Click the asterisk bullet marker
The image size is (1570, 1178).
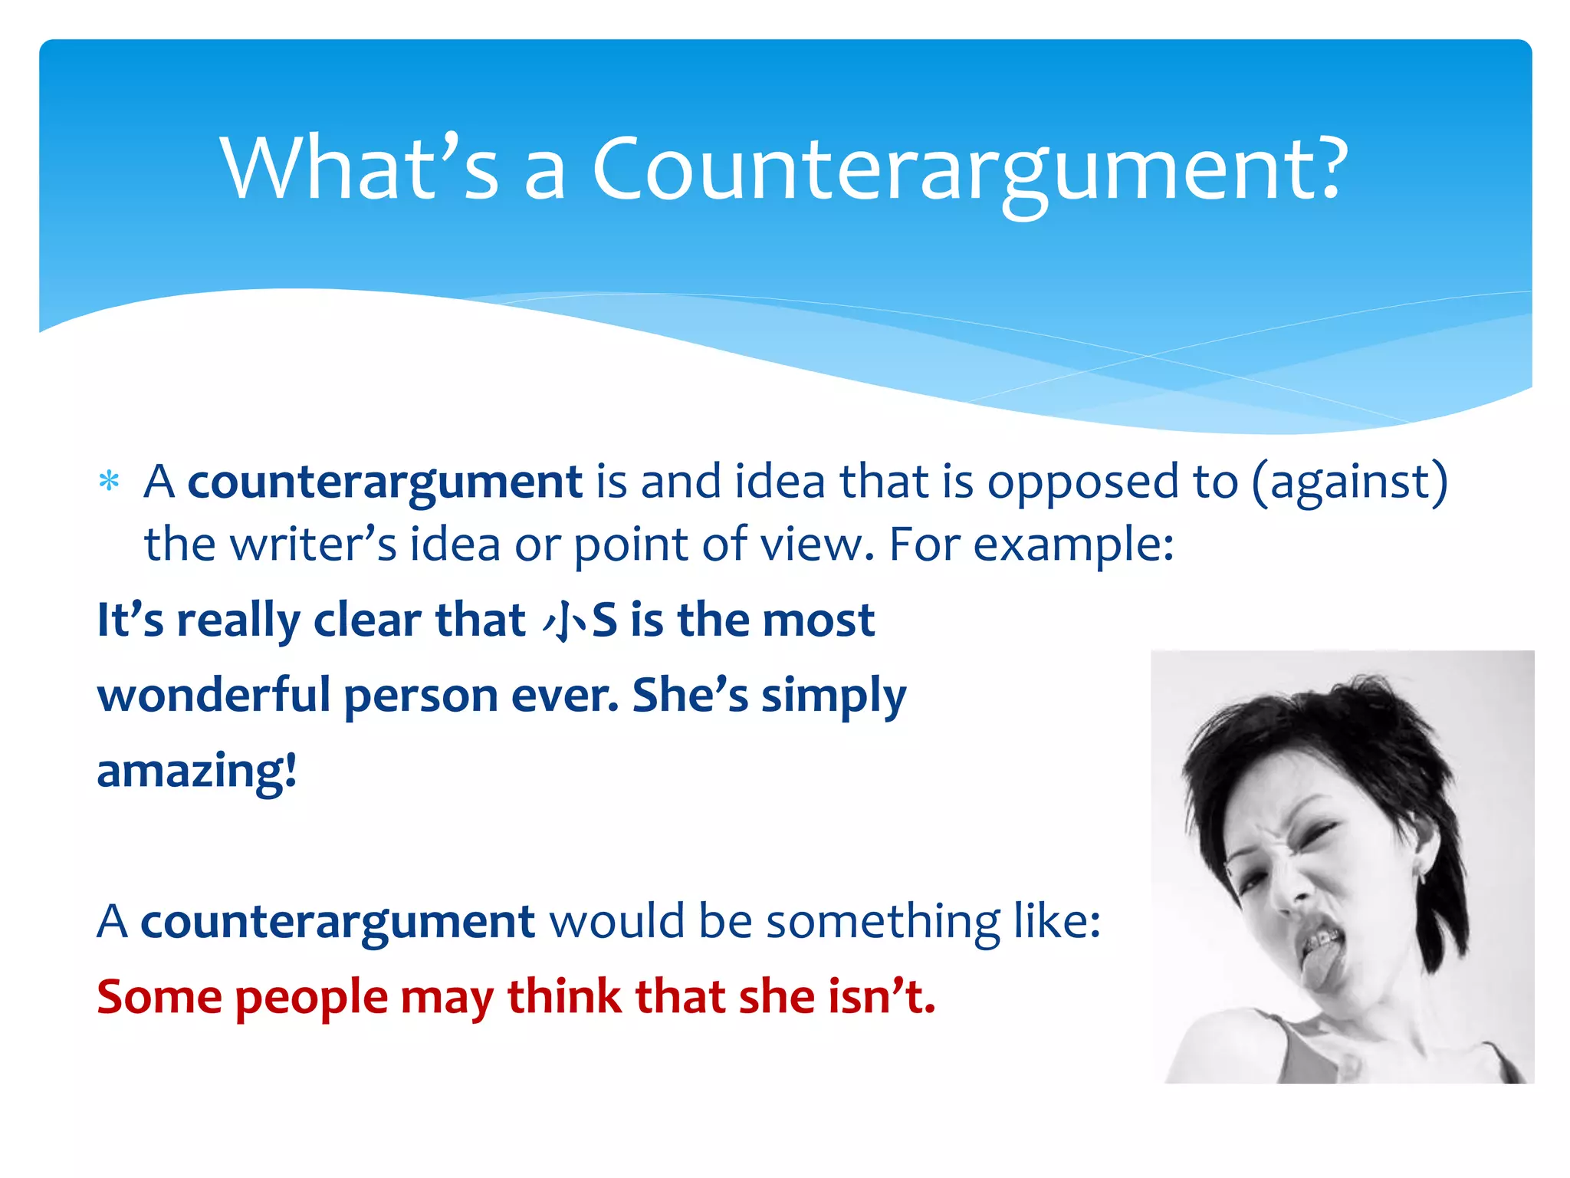(110, 482)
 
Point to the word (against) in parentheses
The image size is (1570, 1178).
(1350, 483)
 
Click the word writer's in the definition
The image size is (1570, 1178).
(314, 545)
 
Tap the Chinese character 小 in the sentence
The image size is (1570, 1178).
(565, 620)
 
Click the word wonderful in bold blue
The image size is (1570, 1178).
(214, 695)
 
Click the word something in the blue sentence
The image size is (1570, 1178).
(883, 921)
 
